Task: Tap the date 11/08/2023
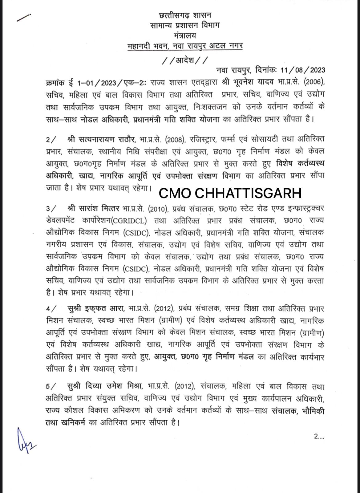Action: [299, 70]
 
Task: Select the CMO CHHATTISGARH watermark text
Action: [230, 193]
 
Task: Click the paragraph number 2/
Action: [51, 140]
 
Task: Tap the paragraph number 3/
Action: [51, 209]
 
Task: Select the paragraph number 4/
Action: [51, 309]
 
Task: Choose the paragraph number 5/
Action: [51, 386]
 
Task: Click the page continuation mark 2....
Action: [318, 436]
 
